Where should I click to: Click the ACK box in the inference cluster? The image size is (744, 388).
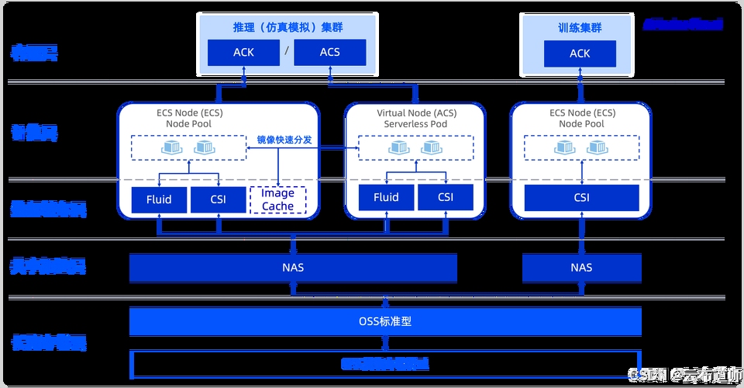click(x=243, y=53)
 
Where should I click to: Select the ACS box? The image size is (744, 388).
click(x=329, y=53)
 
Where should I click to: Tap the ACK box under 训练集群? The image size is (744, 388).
click(x=580, y=54)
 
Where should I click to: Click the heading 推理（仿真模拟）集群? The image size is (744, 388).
click(x=287, y=27)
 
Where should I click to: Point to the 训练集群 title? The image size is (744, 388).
click(x=580, y=27)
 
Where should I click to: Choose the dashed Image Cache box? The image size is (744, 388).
click(x=277, y=199)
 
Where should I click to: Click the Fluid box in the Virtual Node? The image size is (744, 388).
click(x=385, y=197)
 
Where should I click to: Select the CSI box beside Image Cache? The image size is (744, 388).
click(x=218, y=199)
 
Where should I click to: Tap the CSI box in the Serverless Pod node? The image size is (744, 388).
click(x=445, y=197)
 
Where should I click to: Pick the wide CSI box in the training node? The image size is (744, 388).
click(x=581, y=197)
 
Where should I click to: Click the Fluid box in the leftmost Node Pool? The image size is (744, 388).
click(x=158, y=199)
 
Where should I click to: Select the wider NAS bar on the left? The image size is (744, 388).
click(x=293, y=268)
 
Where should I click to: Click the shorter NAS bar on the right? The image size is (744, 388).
click(x=581, y=268)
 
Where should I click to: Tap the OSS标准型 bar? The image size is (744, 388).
click(x=385, y=320)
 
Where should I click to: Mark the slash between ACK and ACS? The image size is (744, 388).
click(x=287, y=52)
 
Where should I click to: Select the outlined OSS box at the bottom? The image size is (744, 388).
click(x=385, y=363)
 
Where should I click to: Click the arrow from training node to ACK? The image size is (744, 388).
click(x=580, y=86)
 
